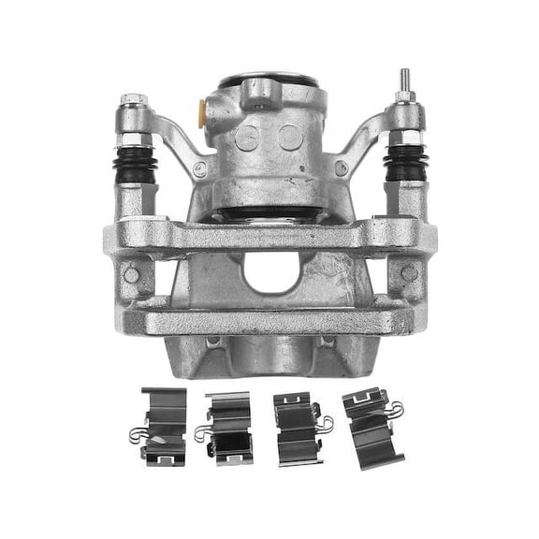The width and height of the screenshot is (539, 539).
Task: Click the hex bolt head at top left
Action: pos(130,98)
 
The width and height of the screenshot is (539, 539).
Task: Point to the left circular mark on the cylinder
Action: pos(249,138)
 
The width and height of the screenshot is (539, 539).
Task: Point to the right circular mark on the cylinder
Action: pos(289,138)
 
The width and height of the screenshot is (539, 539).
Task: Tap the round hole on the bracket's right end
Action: pos(409,273)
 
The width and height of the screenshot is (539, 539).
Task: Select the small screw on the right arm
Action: pos(341,168)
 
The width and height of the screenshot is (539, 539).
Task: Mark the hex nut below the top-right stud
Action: pos(405,97)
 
